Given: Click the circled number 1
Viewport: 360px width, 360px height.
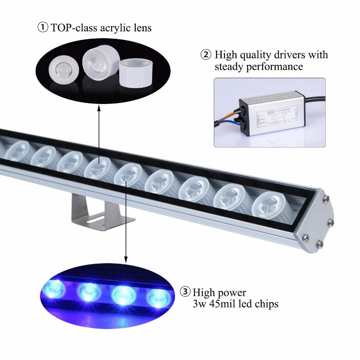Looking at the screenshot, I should (43, 28).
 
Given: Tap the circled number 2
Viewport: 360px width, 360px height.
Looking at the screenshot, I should (206, 55).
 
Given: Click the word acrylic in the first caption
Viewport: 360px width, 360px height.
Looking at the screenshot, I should (108, 28).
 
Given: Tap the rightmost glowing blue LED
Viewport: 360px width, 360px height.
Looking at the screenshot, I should (158, 297).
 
